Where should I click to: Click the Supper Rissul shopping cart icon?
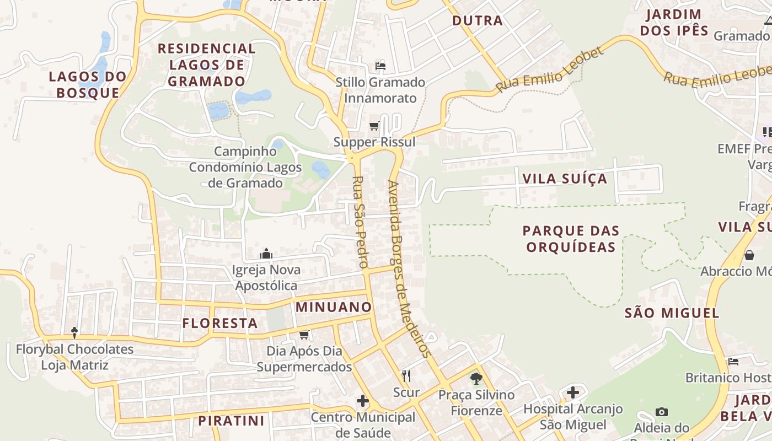tap(374, 126)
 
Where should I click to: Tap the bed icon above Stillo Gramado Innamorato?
tap(380, 66)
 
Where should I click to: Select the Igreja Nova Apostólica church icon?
tap(266, 254)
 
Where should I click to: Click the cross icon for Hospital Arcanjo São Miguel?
tap(573, 392)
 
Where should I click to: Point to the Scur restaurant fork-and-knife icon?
tap(406, 376)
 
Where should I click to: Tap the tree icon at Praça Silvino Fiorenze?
tap(476, 378)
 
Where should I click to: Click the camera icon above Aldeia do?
tap(662, 412)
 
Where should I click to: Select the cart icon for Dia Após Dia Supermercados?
tap(304, 335)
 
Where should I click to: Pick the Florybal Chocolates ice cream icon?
tap(74, 332)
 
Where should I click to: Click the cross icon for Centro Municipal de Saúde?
tap(362, 401)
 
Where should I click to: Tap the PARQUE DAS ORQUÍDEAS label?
tap(571, 238)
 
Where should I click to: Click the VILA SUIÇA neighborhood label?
tap(564, 179)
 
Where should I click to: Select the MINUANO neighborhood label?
tap(334, 307)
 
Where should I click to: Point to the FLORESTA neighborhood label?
tap(220, 323)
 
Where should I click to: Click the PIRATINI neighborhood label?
tap(231, 421)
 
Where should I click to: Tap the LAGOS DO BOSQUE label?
tap(88, 84)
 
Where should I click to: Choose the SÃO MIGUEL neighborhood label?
tap(672, 313)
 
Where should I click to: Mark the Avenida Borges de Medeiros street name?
tap(408, 269)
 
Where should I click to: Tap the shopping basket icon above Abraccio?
tap(749, 255)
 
